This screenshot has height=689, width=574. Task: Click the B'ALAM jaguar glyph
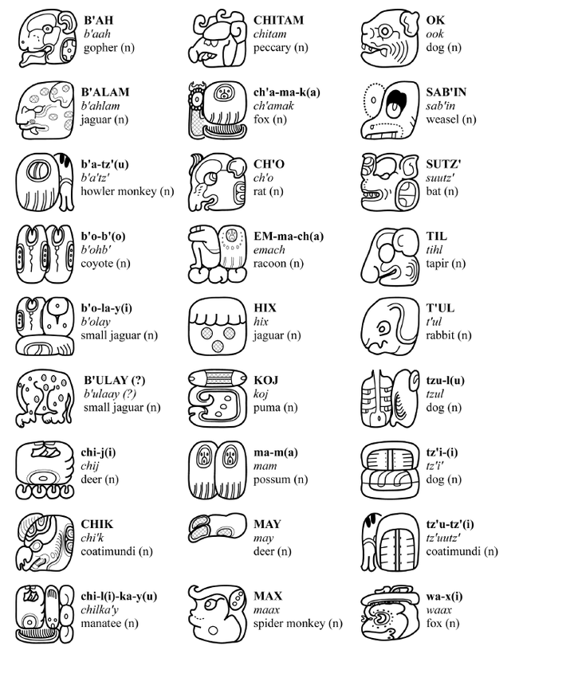coord(45,110)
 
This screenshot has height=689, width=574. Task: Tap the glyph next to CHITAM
coord(218,38)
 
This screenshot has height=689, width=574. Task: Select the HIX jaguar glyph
coord(218,326)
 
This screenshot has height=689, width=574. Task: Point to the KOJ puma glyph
coord(218,398)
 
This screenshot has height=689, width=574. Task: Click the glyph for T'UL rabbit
coord(390,326)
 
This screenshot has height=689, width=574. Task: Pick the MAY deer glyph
coord(218,526)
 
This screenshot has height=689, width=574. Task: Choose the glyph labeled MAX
coord(218,614)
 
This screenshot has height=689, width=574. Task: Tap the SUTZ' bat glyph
coord(390,182)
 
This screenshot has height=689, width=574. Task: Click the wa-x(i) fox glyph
coord(390,614)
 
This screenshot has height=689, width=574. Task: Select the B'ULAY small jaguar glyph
coord(45,398)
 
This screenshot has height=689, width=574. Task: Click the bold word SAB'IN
coord(446,92)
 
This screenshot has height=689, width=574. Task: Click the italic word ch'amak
coord(273,106)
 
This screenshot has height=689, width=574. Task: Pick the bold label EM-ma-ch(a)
coord(289,237)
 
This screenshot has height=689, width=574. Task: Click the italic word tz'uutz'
coord(443,538)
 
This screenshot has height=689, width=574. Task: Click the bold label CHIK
coord(97,524)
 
